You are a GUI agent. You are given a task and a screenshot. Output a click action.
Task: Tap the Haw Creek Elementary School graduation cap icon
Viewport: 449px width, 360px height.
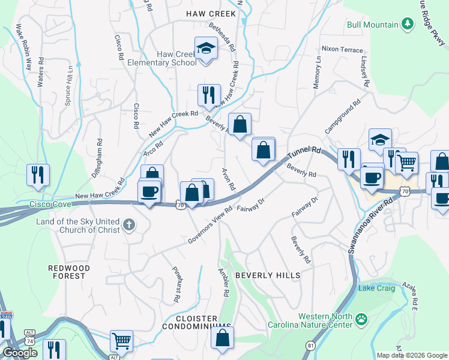click(x=206, y=47)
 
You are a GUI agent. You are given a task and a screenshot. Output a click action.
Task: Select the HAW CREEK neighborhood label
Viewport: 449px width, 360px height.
click(x=211, y=13)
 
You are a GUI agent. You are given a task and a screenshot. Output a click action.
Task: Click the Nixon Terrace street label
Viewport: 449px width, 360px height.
click(x=342, y=49)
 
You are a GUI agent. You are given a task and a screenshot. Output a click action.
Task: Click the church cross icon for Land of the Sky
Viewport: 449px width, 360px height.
click(x=128, y=225)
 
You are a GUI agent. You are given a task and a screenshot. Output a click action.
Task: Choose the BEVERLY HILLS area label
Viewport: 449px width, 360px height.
click(x=267, y=275)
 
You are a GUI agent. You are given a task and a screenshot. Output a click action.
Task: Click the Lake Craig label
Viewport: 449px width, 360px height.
click(x=376, y=289)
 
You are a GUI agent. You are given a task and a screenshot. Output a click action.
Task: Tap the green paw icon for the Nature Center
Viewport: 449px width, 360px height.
click(x=361, y=319)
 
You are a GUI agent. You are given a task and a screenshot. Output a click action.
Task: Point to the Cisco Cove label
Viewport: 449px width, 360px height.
click(x=50, y=204)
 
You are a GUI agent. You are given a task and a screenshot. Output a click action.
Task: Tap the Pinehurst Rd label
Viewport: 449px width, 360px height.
click(x=176, y=284)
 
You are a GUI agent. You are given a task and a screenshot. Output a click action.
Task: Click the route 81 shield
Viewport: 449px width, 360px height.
click(x=310, y=346)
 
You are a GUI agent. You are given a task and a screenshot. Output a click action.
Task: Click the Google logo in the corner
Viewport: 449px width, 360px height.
click(x=20, y=353)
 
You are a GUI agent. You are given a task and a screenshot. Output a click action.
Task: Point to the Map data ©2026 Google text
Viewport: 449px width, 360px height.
click(x=412, y=355)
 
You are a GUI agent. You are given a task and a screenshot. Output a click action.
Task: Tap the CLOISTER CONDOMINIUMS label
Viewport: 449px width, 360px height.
click(x=196, y=322)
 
